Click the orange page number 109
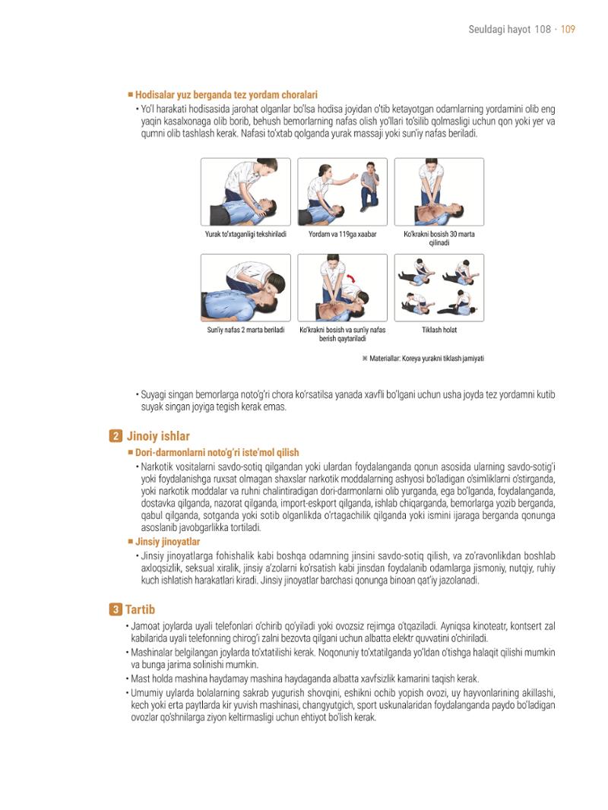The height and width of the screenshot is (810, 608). coord(568,30)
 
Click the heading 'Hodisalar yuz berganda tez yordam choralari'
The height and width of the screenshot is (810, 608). coord(226,95)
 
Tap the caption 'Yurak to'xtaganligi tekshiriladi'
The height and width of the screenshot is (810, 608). coord(245,234)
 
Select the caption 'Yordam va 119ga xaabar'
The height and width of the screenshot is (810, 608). coord(343,234)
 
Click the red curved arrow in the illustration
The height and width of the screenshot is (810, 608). coord(353,280)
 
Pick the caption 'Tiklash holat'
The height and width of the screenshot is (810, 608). coord(439,330)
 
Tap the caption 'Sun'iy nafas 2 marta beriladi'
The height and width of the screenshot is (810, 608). coord(246,330)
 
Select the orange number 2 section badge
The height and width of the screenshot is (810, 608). coord(116,436)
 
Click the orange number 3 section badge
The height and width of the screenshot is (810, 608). coord(116,609)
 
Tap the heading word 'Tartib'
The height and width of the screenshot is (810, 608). coord(140,609)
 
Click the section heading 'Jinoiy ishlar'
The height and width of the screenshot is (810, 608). coord(159,436)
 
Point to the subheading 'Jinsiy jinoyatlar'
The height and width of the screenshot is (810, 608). coord(167,541)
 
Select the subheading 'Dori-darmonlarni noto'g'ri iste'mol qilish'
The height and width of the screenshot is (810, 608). coord(217,453)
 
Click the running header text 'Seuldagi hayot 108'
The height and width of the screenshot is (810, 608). coord(509,30)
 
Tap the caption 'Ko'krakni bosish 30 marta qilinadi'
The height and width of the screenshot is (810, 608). coord(439,238)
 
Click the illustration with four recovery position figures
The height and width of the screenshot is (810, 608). coord(439,288)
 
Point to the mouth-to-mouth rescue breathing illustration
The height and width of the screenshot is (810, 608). coord(246,288)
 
